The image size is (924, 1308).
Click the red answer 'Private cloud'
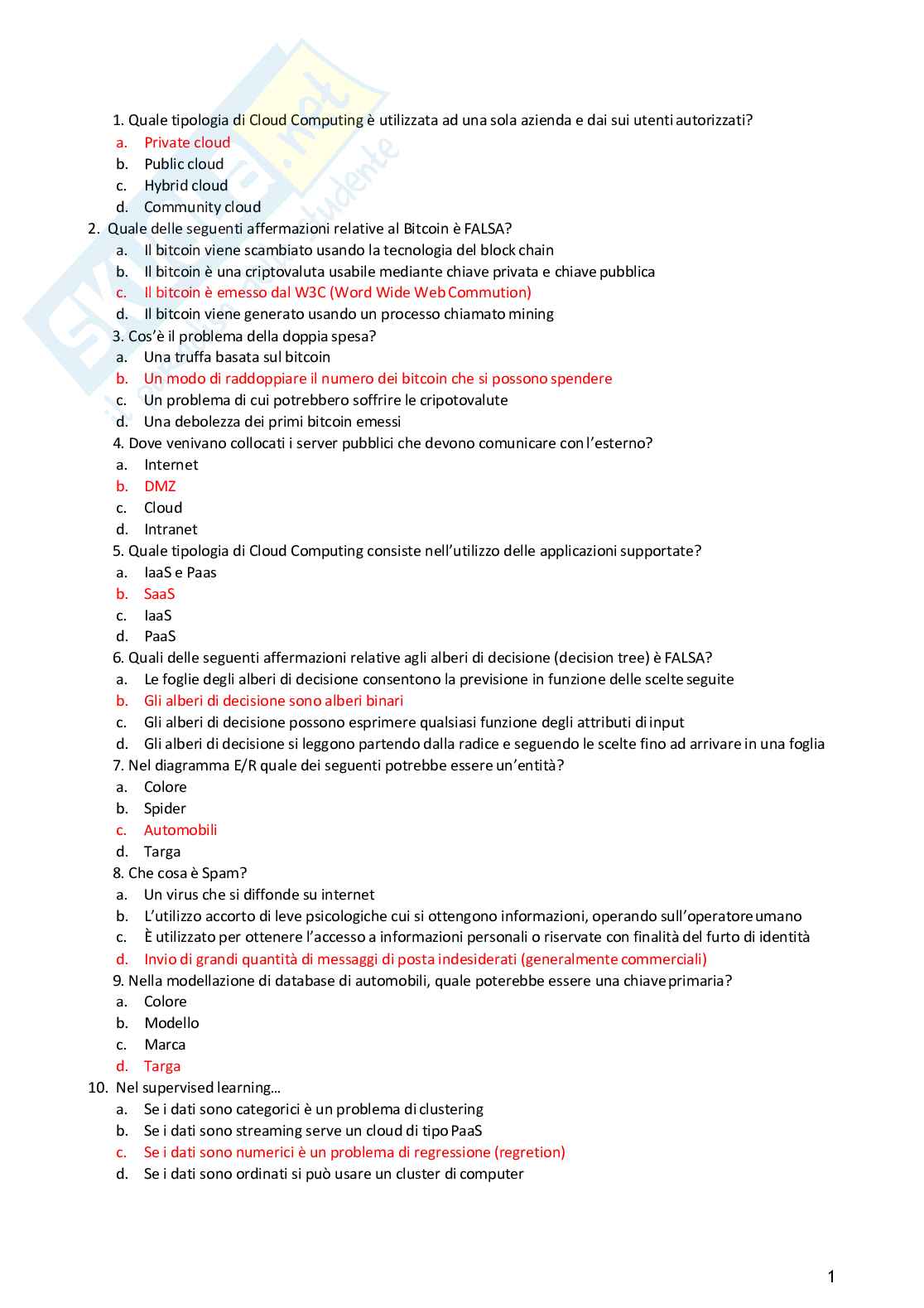[x=187, y=142]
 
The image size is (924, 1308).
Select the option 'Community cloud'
[x=202, y=207]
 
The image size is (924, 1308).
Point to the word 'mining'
[x=531, y=314]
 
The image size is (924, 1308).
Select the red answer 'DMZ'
[x=160, y=486]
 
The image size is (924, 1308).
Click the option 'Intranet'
[x=171, y=529]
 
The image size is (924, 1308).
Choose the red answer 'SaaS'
[x=159, y=594]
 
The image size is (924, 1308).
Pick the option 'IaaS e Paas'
[x=180, y=572]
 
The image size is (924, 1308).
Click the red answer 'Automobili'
[x=180, y=830]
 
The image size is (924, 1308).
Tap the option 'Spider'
[x=165, y=808]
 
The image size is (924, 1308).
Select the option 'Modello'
[x=171, y=1023]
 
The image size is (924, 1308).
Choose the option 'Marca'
[x=165, y=1045]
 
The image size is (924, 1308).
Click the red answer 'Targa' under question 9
[x=162, y=1066]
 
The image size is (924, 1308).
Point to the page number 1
[x=831, y=1277]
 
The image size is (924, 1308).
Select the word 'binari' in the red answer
[x=383, y=701]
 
